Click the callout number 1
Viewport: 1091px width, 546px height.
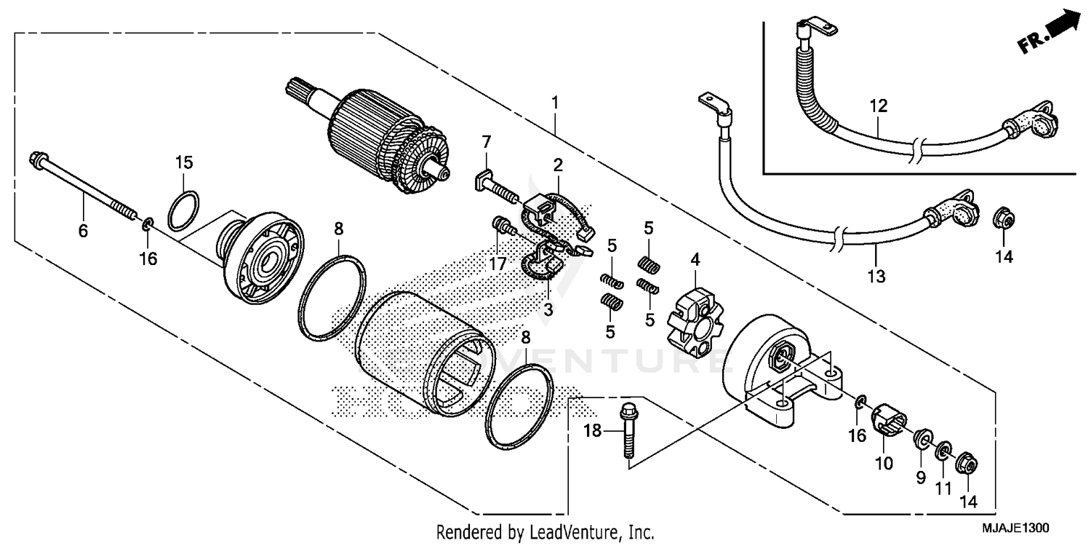[x=555, y=103]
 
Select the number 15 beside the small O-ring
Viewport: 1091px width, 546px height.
[x=183, y=162]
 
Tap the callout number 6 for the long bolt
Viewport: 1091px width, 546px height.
[x=83, y=232]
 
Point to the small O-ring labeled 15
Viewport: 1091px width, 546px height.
[x=184, y=210]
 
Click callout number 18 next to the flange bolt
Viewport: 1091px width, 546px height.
[x=593, y=431]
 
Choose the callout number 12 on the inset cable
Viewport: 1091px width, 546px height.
[x=878, y=106]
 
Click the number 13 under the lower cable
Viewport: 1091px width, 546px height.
[x=876, y=276]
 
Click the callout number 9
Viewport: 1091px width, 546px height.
[x=920, y=477]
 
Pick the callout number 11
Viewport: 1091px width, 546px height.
[x=943, y=487]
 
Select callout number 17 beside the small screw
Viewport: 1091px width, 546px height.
[x=497, y=265]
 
